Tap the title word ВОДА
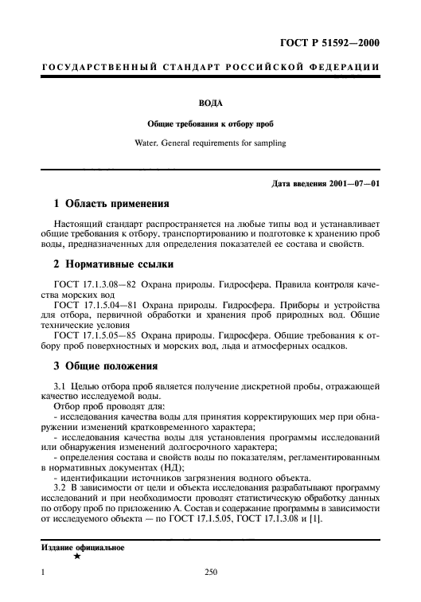click(210, 103)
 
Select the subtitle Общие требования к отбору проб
click(210, 124)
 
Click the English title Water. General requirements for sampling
click(210, 144)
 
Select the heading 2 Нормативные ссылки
click(109, 264)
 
